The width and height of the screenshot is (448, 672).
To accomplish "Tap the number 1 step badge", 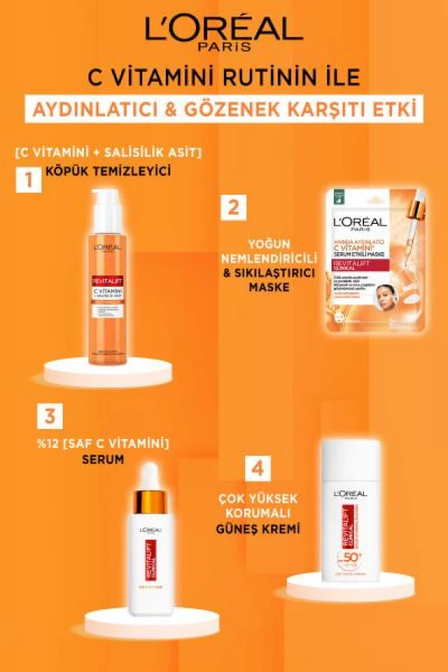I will point(28,180).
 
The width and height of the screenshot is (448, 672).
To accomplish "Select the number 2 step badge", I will point(236,208).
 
